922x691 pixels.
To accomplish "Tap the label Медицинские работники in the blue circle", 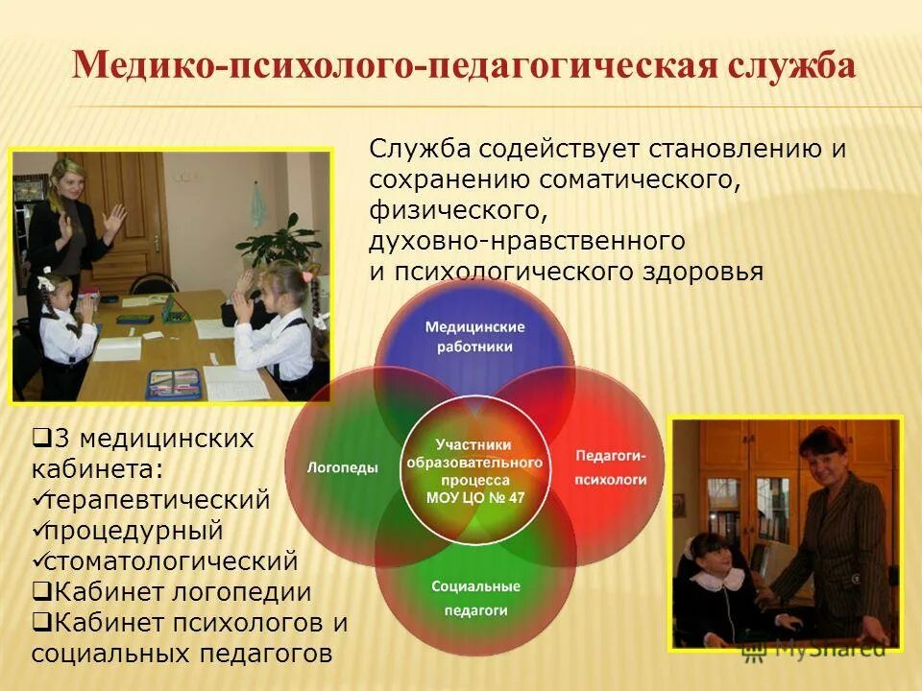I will pos(475,336).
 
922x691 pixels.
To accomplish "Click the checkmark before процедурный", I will pos(39,530).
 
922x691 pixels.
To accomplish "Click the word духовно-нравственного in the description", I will pos(527,240).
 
